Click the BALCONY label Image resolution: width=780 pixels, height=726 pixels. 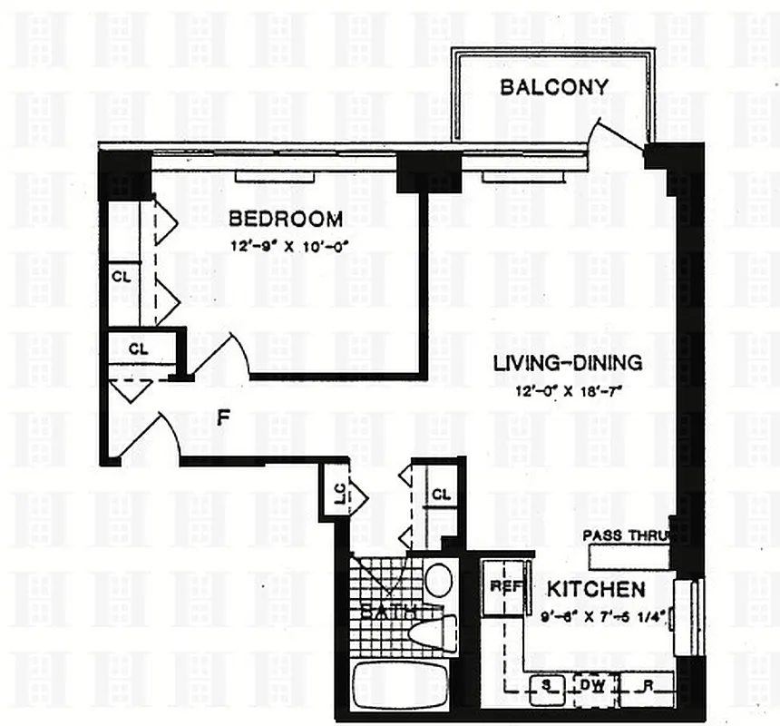[x=553, y=87]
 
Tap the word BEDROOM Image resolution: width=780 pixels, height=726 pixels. [x=286, y=219]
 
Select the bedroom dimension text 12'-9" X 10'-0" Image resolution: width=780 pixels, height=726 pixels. [x=286, y=243]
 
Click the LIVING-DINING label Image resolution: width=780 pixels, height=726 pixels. [x=567, y=363]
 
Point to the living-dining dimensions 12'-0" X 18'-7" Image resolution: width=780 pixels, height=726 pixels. [x=567, y=391]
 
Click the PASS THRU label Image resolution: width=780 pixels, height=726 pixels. [x=626, y=535]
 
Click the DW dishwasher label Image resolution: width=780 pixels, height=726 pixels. [x=595, y=684]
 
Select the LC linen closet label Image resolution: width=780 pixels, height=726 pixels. [x=338, y=494]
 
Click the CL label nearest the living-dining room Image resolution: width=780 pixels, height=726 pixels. [x=441, y=495]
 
